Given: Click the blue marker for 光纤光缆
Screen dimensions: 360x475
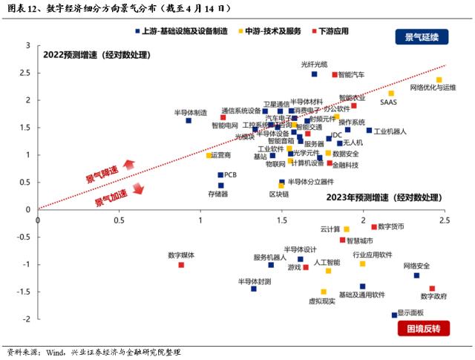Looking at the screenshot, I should pos(314,74).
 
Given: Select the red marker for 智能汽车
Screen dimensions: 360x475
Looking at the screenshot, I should pos(335,74).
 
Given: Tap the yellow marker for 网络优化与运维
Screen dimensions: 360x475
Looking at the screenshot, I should pos(439,79).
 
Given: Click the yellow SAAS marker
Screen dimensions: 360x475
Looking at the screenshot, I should pos(391,94).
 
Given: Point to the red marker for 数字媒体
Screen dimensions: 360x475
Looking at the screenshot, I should pos(181,265).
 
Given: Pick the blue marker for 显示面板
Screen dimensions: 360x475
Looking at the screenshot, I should pos(394,315).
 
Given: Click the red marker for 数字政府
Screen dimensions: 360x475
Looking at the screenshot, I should pos(432,289).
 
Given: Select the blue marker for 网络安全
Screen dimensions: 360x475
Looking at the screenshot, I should pos(416,275).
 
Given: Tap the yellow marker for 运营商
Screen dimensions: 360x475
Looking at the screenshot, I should pos(209,155).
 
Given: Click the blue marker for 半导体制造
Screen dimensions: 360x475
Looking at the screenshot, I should pos(189,120).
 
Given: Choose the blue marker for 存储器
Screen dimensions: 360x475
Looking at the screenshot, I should pos(220,186).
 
